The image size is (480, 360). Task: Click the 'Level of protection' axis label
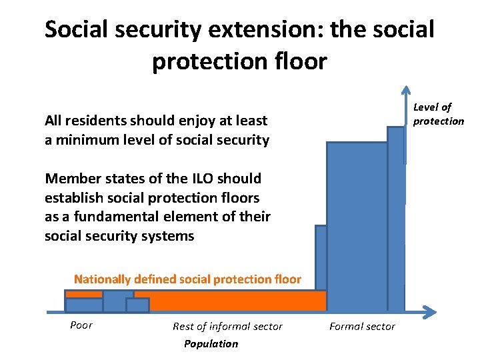tap(437, 114)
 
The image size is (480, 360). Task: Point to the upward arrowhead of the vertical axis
tap(405, 91)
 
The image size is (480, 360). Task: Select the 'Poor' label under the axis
tap(81, 325)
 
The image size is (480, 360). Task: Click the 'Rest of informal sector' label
tap(227, 326)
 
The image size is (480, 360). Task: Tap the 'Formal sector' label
tap(362, 326)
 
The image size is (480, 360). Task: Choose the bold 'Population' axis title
tap(211, 343)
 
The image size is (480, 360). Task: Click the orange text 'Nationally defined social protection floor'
tap(187, 279)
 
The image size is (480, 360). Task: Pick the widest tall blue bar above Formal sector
tap(357, 227)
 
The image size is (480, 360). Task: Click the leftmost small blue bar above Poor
tap(84, 305)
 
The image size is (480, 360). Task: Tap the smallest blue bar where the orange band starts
tap(137, 305)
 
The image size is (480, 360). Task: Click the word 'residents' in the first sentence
tap(91, 121)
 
